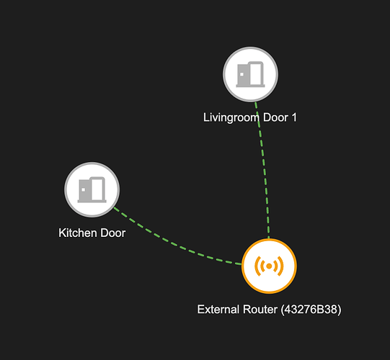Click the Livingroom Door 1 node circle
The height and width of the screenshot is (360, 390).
[250, 74]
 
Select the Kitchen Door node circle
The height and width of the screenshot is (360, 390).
[92, 190]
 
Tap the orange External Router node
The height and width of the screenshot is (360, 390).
[269, 266]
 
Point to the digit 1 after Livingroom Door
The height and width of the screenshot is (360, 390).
[294, 117]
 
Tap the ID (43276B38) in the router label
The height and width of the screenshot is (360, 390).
[311, 310]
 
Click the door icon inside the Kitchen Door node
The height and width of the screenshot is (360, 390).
[92, 189]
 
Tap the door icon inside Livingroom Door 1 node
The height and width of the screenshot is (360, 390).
[250, 74]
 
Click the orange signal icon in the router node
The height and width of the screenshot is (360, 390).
[269, 266]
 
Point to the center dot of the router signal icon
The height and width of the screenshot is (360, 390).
[269, 266]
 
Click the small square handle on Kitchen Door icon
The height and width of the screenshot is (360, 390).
[84, 190]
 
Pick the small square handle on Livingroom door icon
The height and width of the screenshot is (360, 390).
[241, 74]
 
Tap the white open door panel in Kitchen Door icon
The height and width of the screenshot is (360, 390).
[97, 189]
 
